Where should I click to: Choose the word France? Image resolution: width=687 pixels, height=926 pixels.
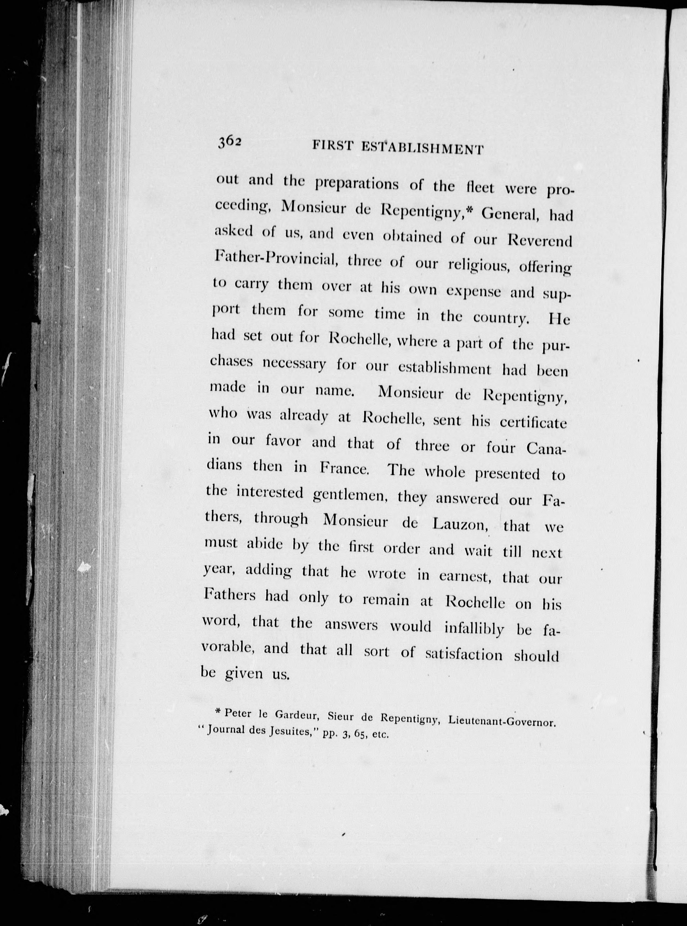pos(344,468)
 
